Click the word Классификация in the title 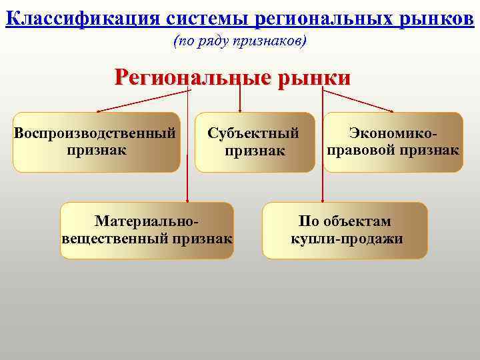[x=81, y=17]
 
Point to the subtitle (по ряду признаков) [x=240, y=41]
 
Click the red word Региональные [x=193, y=77]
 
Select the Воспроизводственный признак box [x=96, y=141]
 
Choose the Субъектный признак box [x=253, y=142]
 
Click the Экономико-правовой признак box [x=393, y=142]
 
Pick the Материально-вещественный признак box [x=147, y=230]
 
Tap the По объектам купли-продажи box [x=345, y=230]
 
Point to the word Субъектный [x=253, y=133]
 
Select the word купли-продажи [x=347, y=239]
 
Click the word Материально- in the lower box [x=147, y=221]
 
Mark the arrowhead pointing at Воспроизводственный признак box [x=98, y=111]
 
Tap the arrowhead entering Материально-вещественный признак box [x=188, y=199]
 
